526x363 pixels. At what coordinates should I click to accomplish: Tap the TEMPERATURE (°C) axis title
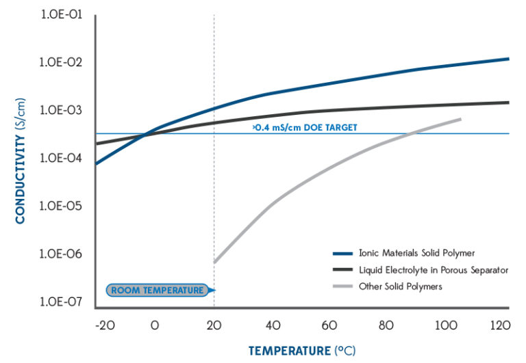click(302, 351)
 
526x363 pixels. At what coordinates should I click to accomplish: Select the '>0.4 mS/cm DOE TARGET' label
click(305, 127)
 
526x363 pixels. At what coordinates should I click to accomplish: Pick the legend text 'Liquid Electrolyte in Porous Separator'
click(434, 270)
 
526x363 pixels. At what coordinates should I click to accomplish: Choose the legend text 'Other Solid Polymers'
click(401, 286)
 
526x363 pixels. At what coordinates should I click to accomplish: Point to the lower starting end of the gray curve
click(215, 262)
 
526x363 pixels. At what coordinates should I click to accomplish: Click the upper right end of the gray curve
click(460, 119)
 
